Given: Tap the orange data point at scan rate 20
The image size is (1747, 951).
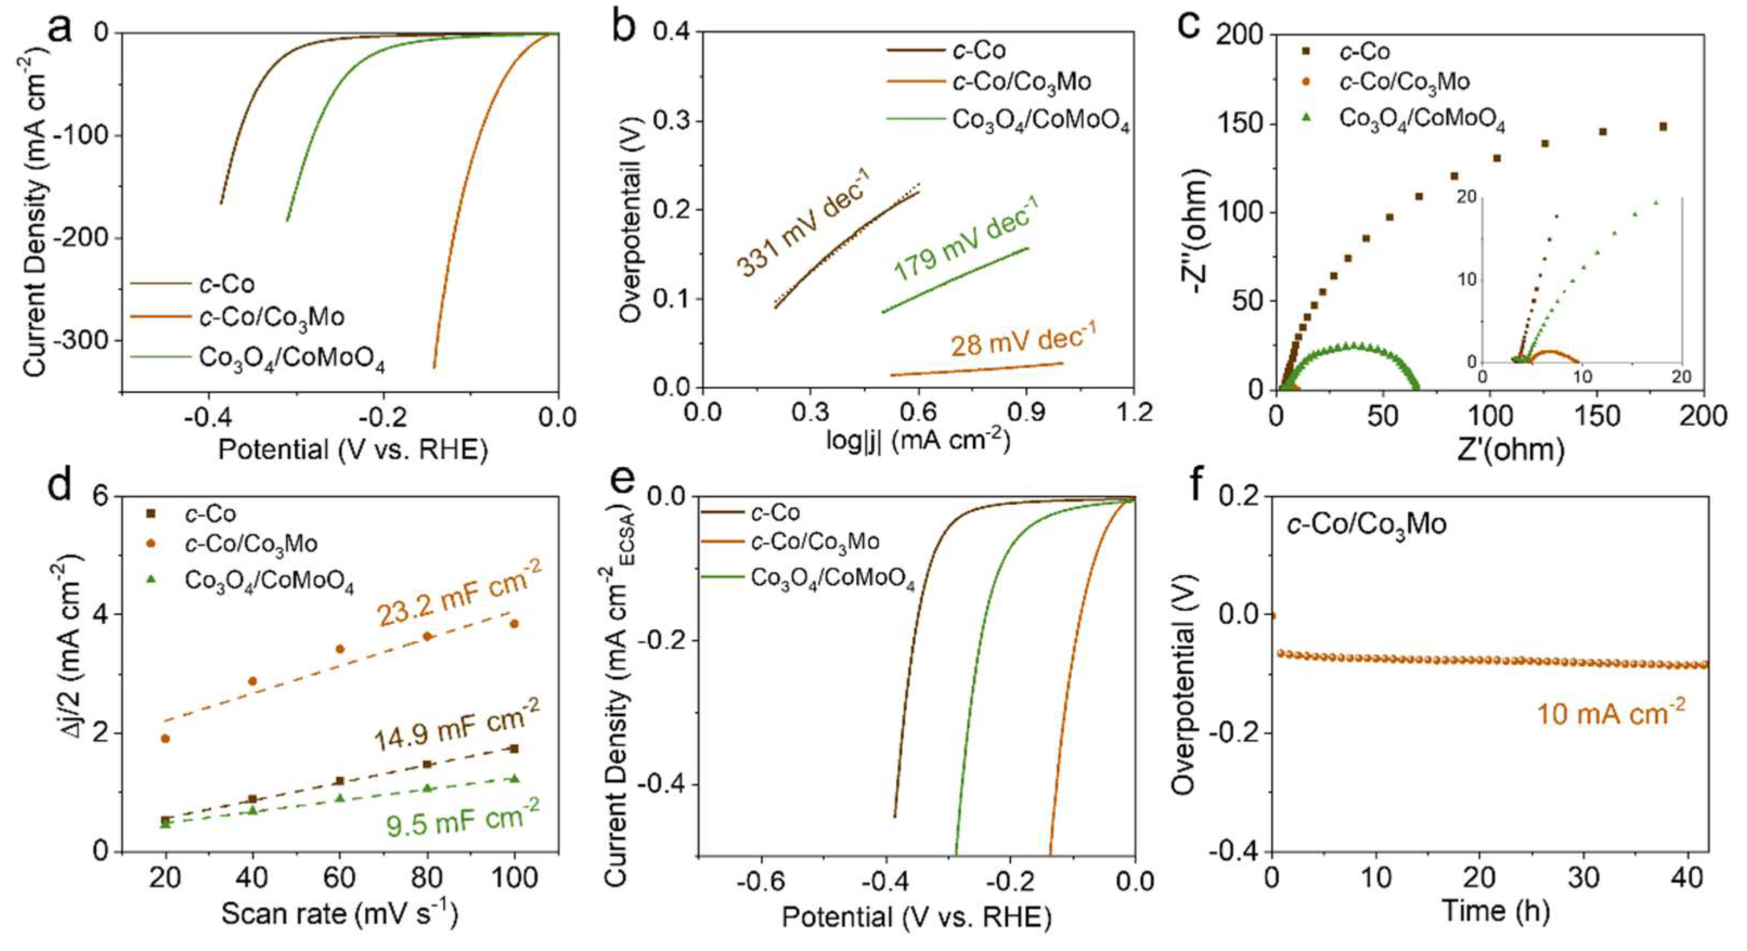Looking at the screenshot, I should tap(165, 739).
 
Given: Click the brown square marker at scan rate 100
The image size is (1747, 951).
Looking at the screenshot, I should tap(514, 748).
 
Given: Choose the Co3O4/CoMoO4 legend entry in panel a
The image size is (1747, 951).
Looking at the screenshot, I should tap(292, 359).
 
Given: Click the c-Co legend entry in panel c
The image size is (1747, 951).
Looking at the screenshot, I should tap(1364, 51).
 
